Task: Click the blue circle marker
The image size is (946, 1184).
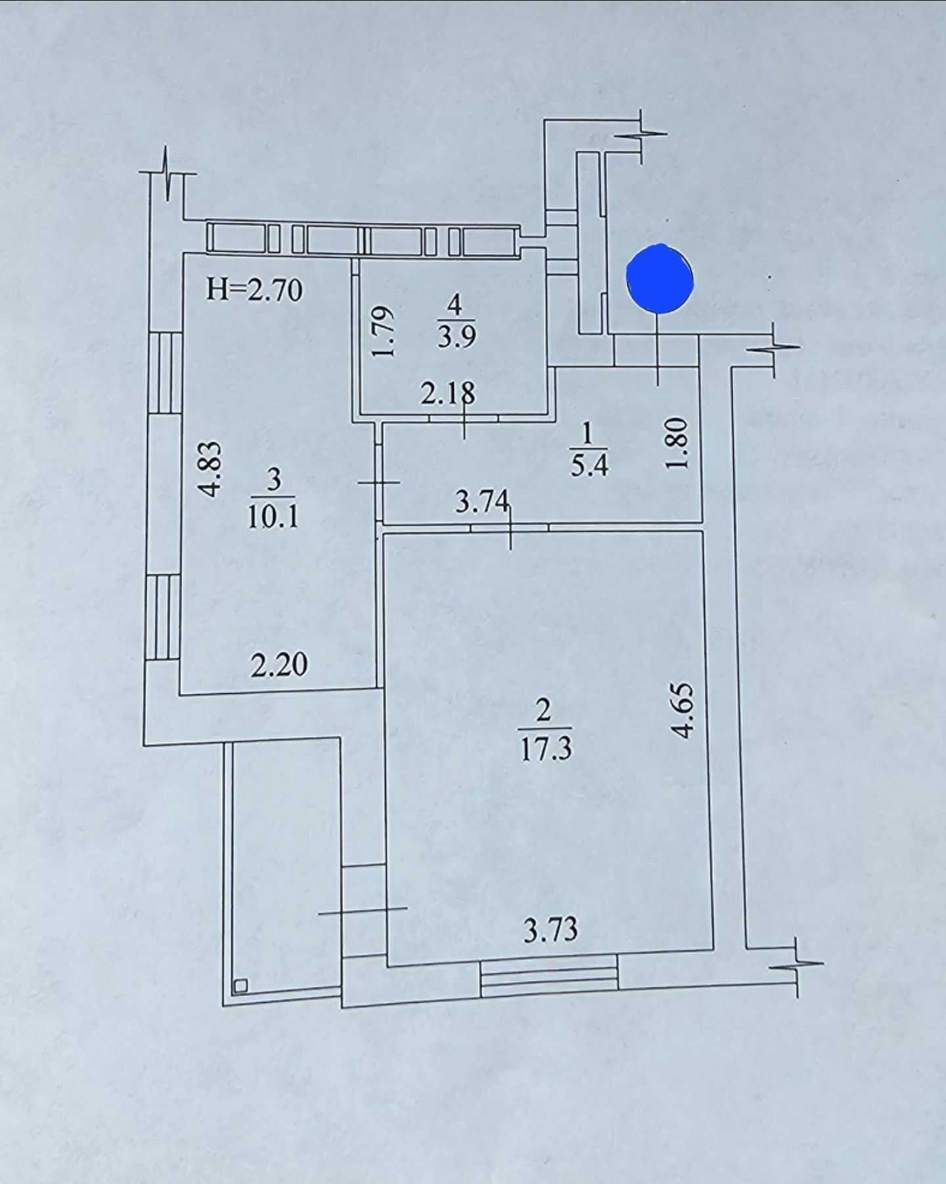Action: pyautogui.click(x=660, y=279)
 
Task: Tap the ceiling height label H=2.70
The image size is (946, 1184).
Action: pyautogui.click(x=254, y=289)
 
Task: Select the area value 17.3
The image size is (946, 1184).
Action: pyautogui.click(x=546, y=749)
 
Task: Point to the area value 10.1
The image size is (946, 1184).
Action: pyautogui.click(x=273, y=516)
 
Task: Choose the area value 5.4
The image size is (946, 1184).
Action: pyautogui.click(x=589, y=465)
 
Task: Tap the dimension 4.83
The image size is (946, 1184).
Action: pyautogui.click(x=212, y=468)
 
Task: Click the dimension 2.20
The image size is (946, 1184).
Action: pyautogui.click(x=279, y=665)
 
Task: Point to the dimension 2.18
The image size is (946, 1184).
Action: pyautogui.click(x=447, y=394)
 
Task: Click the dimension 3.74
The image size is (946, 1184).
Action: pyautogui.click(x=482, y=503)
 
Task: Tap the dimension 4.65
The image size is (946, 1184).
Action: pyautogui.click(x=683, y=711)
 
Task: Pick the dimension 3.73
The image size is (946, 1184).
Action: pyautogui.click(x=551, y=930)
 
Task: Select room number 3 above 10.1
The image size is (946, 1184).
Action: pyautogui.click(x=274, y=480)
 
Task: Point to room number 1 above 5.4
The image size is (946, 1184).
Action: pyautogui.click(x=588, y=434)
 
